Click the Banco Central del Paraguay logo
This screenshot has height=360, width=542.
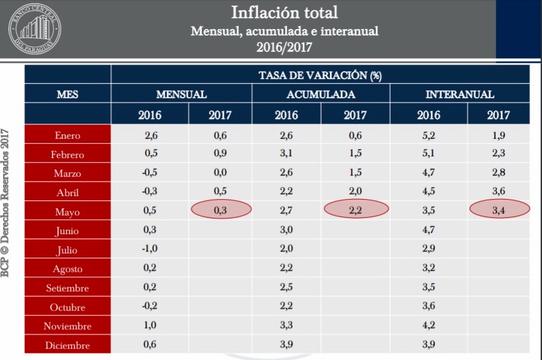click(x=34, y=28)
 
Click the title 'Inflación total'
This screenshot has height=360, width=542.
click(x=284, y=12)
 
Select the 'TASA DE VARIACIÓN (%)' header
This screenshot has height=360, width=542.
click(x=320, y=75)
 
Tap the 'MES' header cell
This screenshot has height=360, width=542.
click(x=67, y=95)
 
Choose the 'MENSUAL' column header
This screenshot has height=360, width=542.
click(x=181, y=95)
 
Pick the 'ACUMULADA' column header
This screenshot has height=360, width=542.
click(x=320, y=95)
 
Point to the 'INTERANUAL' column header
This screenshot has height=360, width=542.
click(x=459, y=95)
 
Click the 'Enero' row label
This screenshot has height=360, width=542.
click(x=67, y=136)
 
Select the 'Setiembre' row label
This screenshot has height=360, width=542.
click(x=67, y=288)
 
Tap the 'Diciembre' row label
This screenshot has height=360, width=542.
click(x=67, y=346)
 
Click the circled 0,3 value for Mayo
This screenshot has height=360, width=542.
click(x=220, y=209)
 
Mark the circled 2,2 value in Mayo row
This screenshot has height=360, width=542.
click(x=355, y=209)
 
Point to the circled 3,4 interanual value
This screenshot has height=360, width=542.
click(x=499, y=209)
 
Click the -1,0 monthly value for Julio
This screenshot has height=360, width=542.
click(x=150, y=250)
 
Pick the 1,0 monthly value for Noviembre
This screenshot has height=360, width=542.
click(x=150, y=326)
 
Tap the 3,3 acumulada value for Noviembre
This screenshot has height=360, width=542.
click(x=286, y=326)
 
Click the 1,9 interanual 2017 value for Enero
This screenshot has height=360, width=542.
click(x=499, y=136)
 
